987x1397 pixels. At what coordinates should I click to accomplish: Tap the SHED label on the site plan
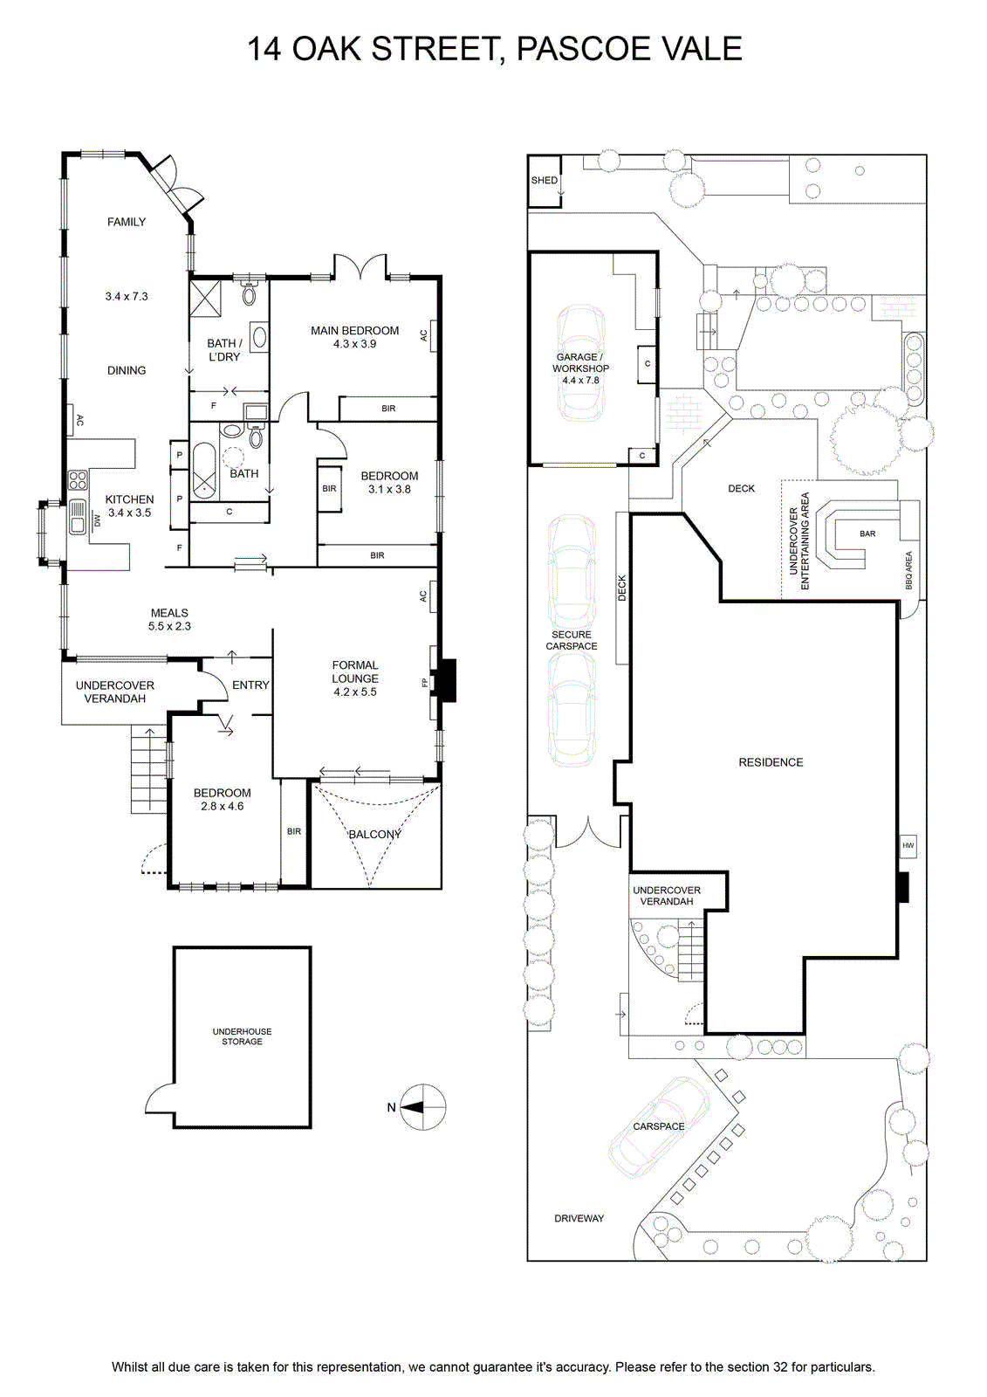tap(544, 180)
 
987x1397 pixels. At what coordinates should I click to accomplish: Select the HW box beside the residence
tap(908, 845)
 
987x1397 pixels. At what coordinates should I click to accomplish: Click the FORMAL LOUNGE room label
tap(355, 671)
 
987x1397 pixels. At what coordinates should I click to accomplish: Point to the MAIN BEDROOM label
tap(355, 331)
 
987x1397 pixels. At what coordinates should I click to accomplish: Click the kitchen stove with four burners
tap(78, 480)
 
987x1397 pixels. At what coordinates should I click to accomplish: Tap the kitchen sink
tap(78, 516)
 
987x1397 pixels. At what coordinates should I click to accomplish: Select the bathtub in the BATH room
tap(204, 471)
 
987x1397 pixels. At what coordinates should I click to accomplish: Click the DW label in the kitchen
tap(96, 520)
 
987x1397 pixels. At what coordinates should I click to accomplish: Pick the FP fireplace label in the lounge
tap(425, 683)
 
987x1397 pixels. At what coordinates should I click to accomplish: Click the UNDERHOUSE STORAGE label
tap(242, 1036)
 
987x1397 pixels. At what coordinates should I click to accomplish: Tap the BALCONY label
tap(374, 834)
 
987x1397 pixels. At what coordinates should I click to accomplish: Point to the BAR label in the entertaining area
tap(867, 533)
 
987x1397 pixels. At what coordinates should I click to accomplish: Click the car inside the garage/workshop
tap(579, 363)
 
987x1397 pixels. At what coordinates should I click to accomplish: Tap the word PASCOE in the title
tap(579, 49)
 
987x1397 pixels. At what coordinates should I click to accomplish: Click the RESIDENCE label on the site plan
tap(771, 762)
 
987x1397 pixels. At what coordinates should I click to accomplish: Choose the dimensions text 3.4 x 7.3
tap(127, 296)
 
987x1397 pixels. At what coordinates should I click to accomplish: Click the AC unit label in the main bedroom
tap(424, 335)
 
